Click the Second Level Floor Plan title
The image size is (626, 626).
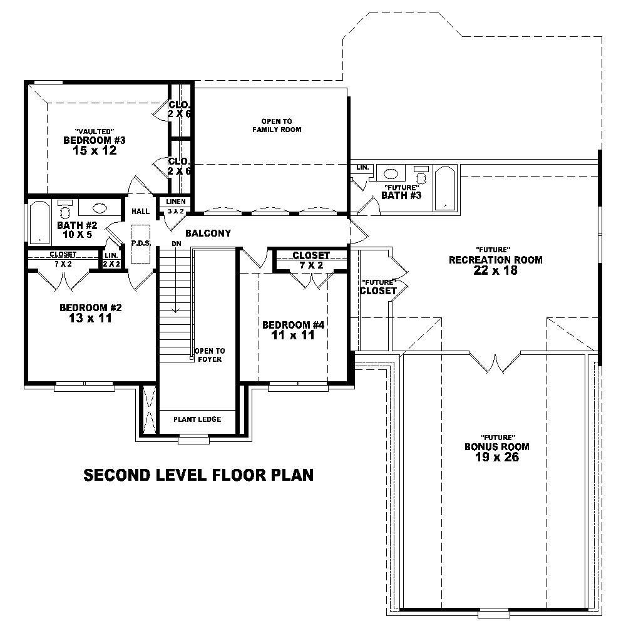pyautogui.click(x=198, y=476)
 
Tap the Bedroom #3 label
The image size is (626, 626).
pyautogui.click(x=90, y=140)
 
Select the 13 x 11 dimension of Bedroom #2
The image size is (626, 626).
pyautogui.click(x=90, y=319)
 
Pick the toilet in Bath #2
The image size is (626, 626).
pyautogui.click(x=64, y=210)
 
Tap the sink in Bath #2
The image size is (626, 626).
pyautogui.click(x=99, y=209)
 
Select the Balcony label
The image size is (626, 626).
pyautogui.click(x=208, y=233)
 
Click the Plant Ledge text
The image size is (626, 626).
pyautogui.click(x=197, y=419)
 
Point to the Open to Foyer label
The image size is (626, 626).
pyautogui.click(x=209, y=355)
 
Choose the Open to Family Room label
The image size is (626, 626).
pyautogui.click(x=277, y=125)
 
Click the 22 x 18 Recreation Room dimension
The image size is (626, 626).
pyautogui.click(x=495, y=271)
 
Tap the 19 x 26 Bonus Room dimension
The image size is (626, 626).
pyautogui.click(x=497, y=458)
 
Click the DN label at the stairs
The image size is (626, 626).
pyautogui.click(x=177, y=244)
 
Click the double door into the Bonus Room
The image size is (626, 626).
pyautogui.click(x=496, y=363)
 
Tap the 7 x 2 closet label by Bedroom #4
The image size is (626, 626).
pyautogui.click(x=311, y=265)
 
